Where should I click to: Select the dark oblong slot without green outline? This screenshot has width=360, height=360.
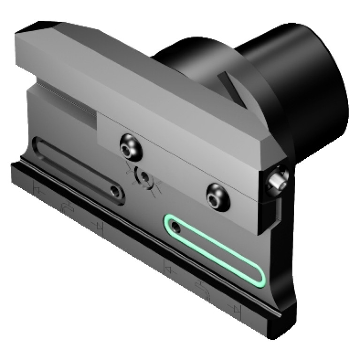(78, 170)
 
